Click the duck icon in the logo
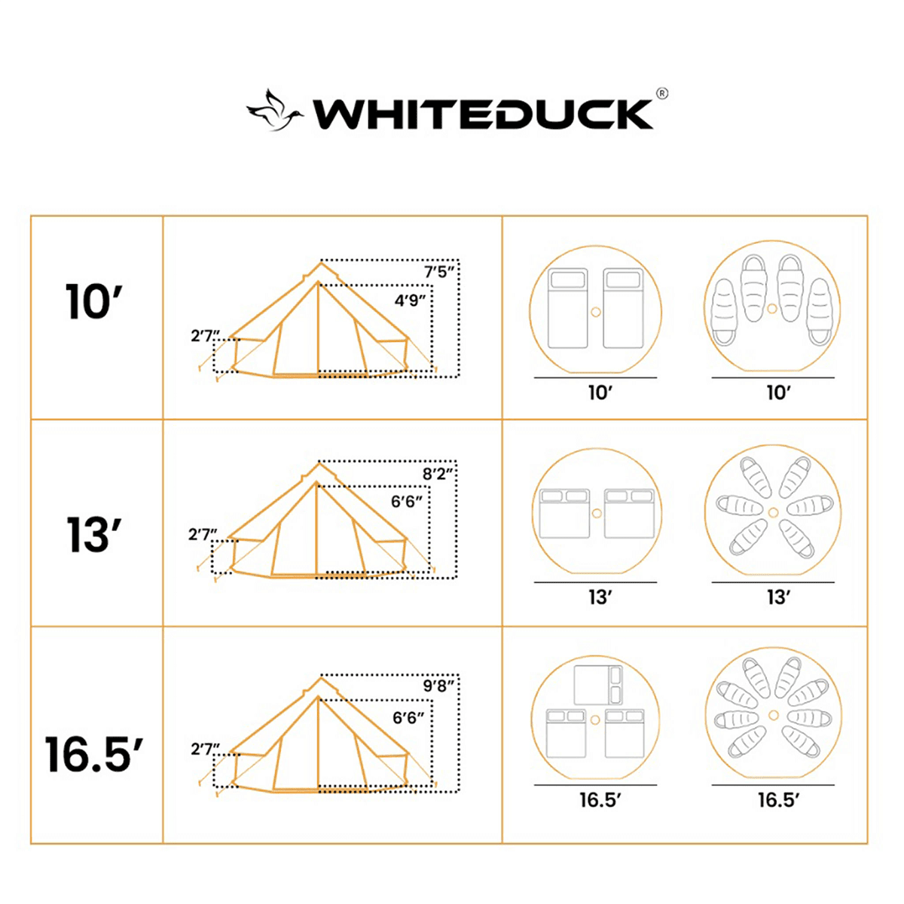(x=274, y=111)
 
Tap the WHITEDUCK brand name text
(x=482, y=115)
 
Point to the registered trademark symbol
(x=661, y=94)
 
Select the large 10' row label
(x=94, y=302)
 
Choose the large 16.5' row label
(x=94, y=754)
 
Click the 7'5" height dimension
(x=440, y=272)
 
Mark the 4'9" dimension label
(x=411, y=300)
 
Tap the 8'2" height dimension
(x=438, y=474)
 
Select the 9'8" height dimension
(x=439, y=686)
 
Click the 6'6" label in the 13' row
(x=407, y=502)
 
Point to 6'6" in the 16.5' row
(x=408, y=718)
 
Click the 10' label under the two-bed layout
(x=600, y=393)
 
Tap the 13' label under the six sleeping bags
(x=777, y=597)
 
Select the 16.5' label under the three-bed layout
(x=598, y=800)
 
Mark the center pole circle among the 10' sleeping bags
(x=772, y=309)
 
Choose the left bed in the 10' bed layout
(x=567, y=309)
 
